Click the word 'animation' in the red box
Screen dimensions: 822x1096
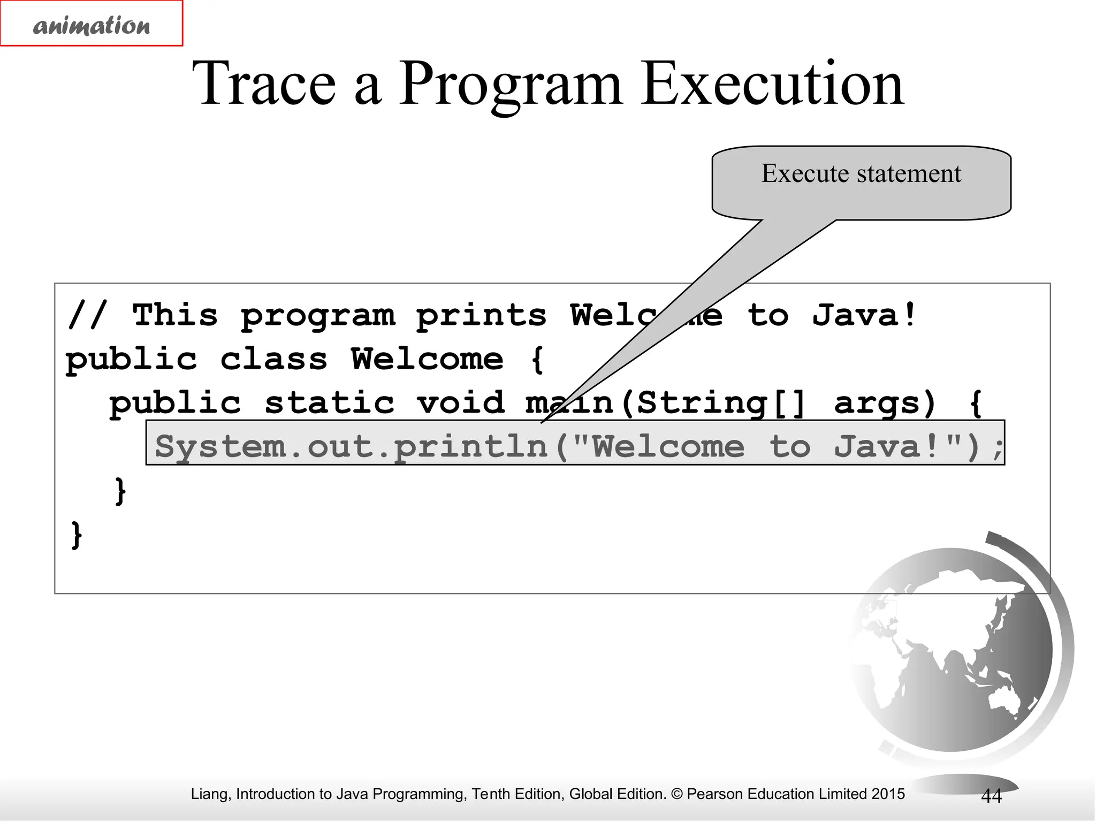pyautogui.click(x=92, y=25)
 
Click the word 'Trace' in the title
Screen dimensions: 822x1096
pyautogui.click(x=264, y=84)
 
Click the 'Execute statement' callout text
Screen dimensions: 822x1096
pyautogui.click(x=861, y=173)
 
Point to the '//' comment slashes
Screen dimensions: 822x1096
pyautogui.click(x=87, y=315)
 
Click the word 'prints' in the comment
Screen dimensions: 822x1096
pyautogui.click(x=481, y=316)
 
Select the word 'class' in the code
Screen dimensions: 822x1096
pyautogui.click(x=273, y=359)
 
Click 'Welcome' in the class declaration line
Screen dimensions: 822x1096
pyautogui.click(x=427, y=359)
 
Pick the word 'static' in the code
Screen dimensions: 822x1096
pyautogui.click(x=329, y=403)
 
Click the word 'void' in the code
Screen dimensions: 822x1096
pyautogui.click(x=461, y=403)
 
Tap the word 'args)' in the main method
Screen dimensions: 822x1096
pyautogui.click(x=885, y=403)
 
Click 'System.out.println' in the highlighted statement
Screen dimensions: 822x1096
pyautogui.click(x=351, y=447)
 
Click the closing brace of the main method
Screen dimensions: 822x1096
pyautogui.click(x=121, y=491)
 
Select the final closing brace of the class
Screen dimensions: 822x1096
pyautogui.click(x=77, y=535)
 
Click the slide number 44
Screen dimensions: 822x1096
pyautogui.click(x=991, y=796)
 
